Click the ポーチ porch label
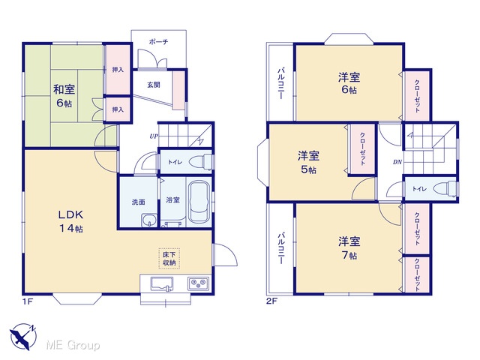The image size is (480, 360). point(158,42)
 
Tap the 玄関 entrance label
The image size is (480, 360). point(154,85)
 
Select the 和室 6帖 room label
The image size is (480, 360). point(64,96)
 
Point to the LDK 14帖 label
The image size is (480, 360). point(70,221)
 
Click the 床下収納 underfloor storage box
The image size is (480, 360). point(169,258)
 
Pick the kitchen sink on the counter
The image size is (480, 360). point(162,283)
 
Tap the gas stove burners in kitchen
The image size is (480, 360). point(199,283)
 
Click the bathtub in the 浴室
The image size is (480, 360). point(199,202)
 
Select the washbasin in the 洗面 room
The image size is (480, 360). point(149,220)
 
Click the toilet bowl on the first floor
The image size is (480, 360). point(200,162)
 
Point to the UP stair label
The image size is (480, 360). point(154,136)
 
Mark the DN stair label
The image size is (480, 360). point(397,162)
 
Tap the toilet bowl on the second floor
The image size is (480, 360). point(445,188)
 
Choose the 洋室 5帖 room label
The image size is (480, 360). point(308,162)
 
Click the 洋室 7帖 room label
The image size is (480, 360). point(349,248)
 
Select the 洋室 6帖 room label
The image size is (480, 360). point(349,83)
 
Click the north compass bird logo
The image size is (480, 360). point(23,337)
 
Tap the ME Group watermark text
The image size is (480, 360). point(73,345)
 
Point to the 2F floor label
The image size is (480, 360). point(271,301)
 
